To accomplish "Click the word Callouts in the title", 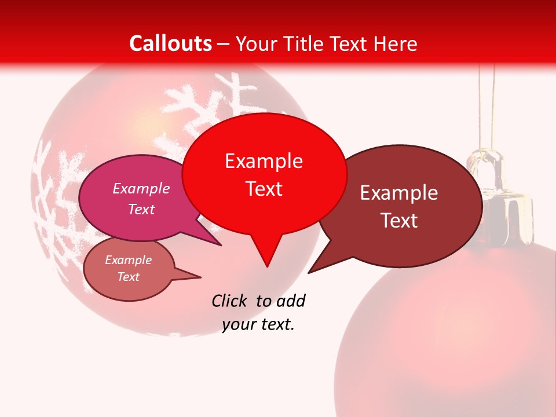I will [170, 43].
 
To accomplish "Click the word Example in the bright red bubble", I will [264, 161].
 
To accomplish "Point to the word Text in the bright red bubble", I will [264, 189].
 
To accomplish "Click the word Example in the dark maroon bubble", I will [399, 193].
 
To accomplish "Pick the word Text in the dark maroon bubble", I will [399, 221].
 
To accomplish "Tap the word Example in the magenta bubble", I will [141, 188].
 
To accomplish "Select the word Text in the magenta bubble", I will [141, 209].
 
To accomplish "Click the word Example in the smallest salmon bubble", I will [129, 260].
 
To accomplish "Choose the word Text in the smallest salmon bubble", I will [129, 277].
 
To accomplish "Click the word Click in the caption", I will [231, 301].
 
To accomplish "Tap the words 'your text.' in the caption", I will [258, 324].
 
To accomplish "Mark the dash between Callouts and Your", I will [224, 43].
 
